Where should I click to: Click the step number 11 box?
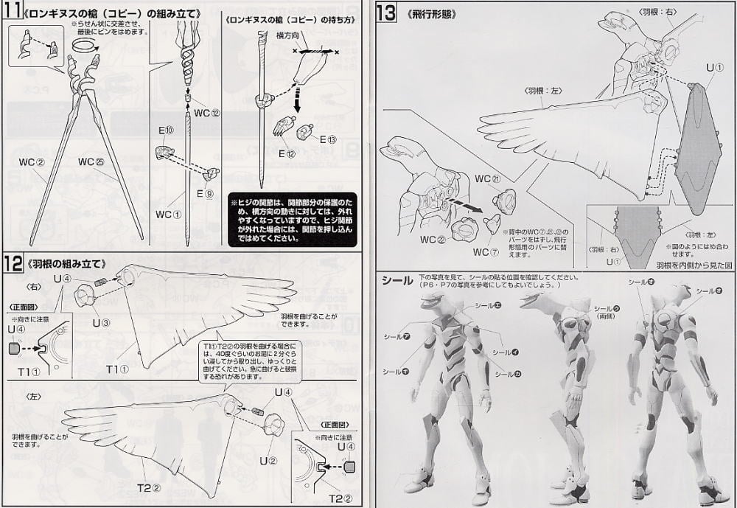(13, 13)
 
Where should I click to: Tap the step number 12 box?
(13, 263)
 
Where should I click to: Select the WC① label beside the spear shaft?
(167, 215)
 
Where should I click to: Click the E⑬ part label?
(328, 140)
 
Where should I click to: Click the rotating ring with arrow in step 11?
(85, 46)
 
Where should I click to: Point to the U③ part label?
(100, 322)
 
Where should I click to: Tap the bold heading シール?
(397, 280)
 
